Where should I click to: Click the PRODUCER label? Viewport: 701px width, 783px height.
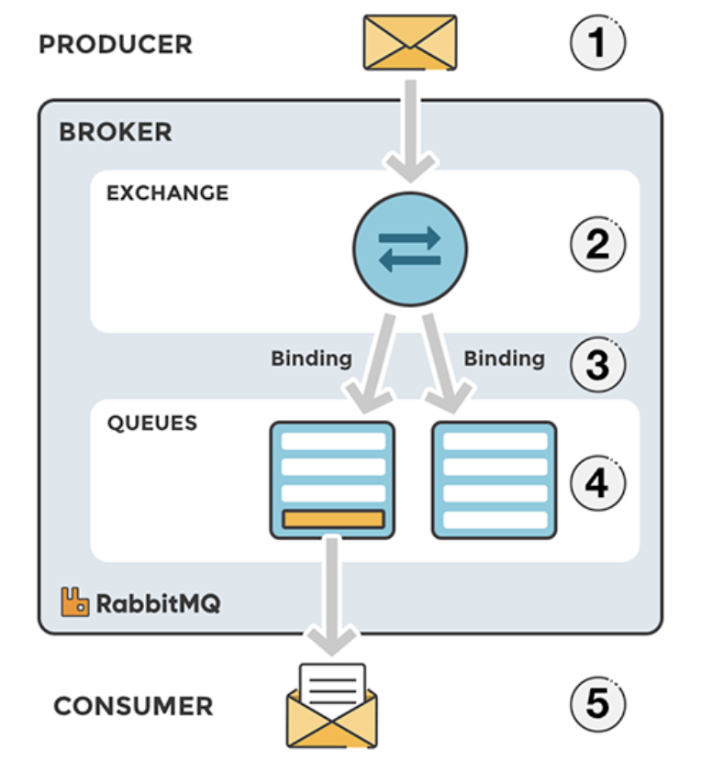tap(116, 44)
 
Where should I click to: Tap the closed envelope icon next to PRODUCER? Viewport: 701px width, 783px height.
tap(409, 42)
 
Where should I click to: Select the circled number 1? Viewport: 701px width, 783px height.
tap(597, 44)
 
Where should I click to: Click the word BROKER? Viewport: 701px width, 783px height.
tap(115, 132)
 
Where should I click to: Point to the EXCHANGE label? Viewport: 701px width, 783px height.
tap(167, 193)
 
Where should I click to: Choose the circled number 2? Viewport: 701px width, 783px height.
tap(597, 244)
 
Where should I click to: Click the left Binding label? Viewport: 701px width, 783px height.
tap(311, 358)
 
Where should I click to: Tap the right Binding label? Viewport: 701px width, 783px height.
tap(504, 358)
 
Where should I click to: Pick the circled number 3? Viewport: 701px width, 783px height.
tap(597, 364)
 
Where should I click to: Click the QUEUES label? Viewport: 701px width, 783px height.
tap(152, 424)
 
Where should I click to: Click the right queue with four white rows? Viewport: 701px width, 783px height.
tap(495, 480)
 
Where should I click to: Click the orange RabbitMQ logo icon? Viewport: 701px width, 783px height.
tap(75, 601)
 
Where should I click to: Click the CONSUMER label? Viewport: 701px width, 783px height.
tap(133, 706)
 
